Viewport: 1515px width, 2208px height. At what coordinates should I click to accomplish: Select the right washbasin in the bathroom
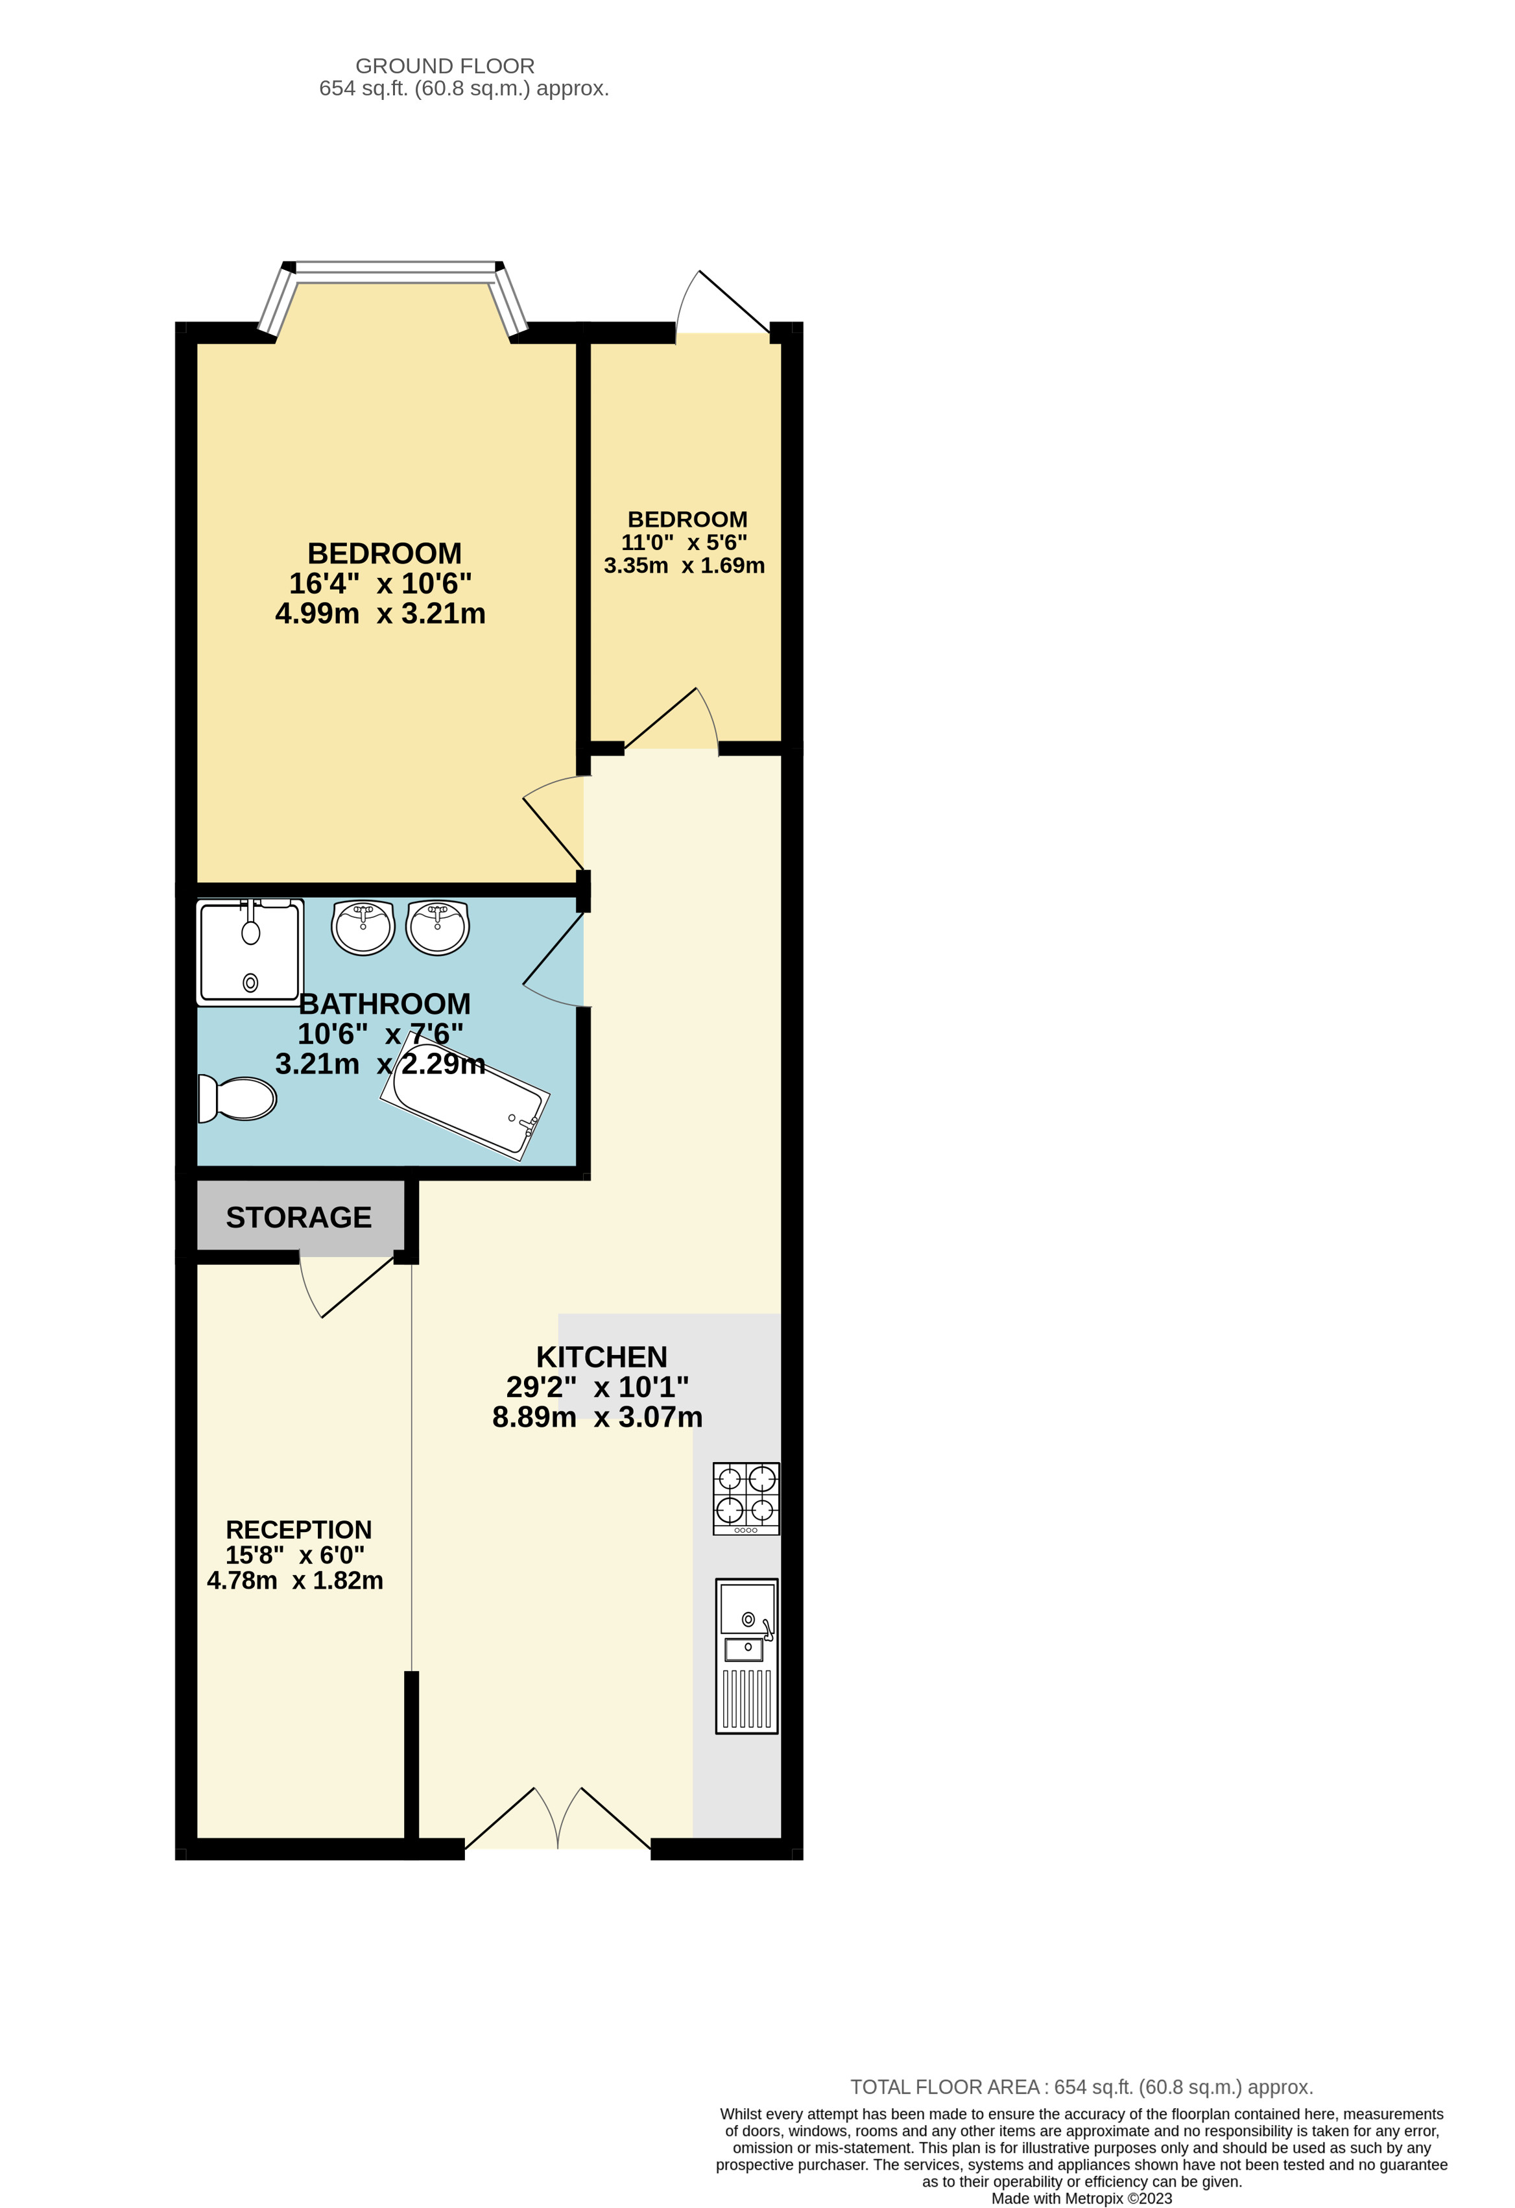(x=437, y=928)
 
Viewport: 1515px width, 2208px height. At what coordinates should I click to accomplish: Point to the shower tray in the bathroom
(x=250, y=952)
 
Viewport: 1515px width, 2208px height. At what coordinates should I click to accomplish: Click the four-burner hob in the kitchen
(x=746, y=1498)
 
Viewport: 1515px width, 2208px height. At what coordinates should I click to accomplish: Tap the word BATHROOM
(x=385, y=1003)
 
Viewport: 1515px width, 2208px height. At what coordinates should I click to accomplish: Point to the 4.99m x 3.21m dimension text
(x=380, y=614)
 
